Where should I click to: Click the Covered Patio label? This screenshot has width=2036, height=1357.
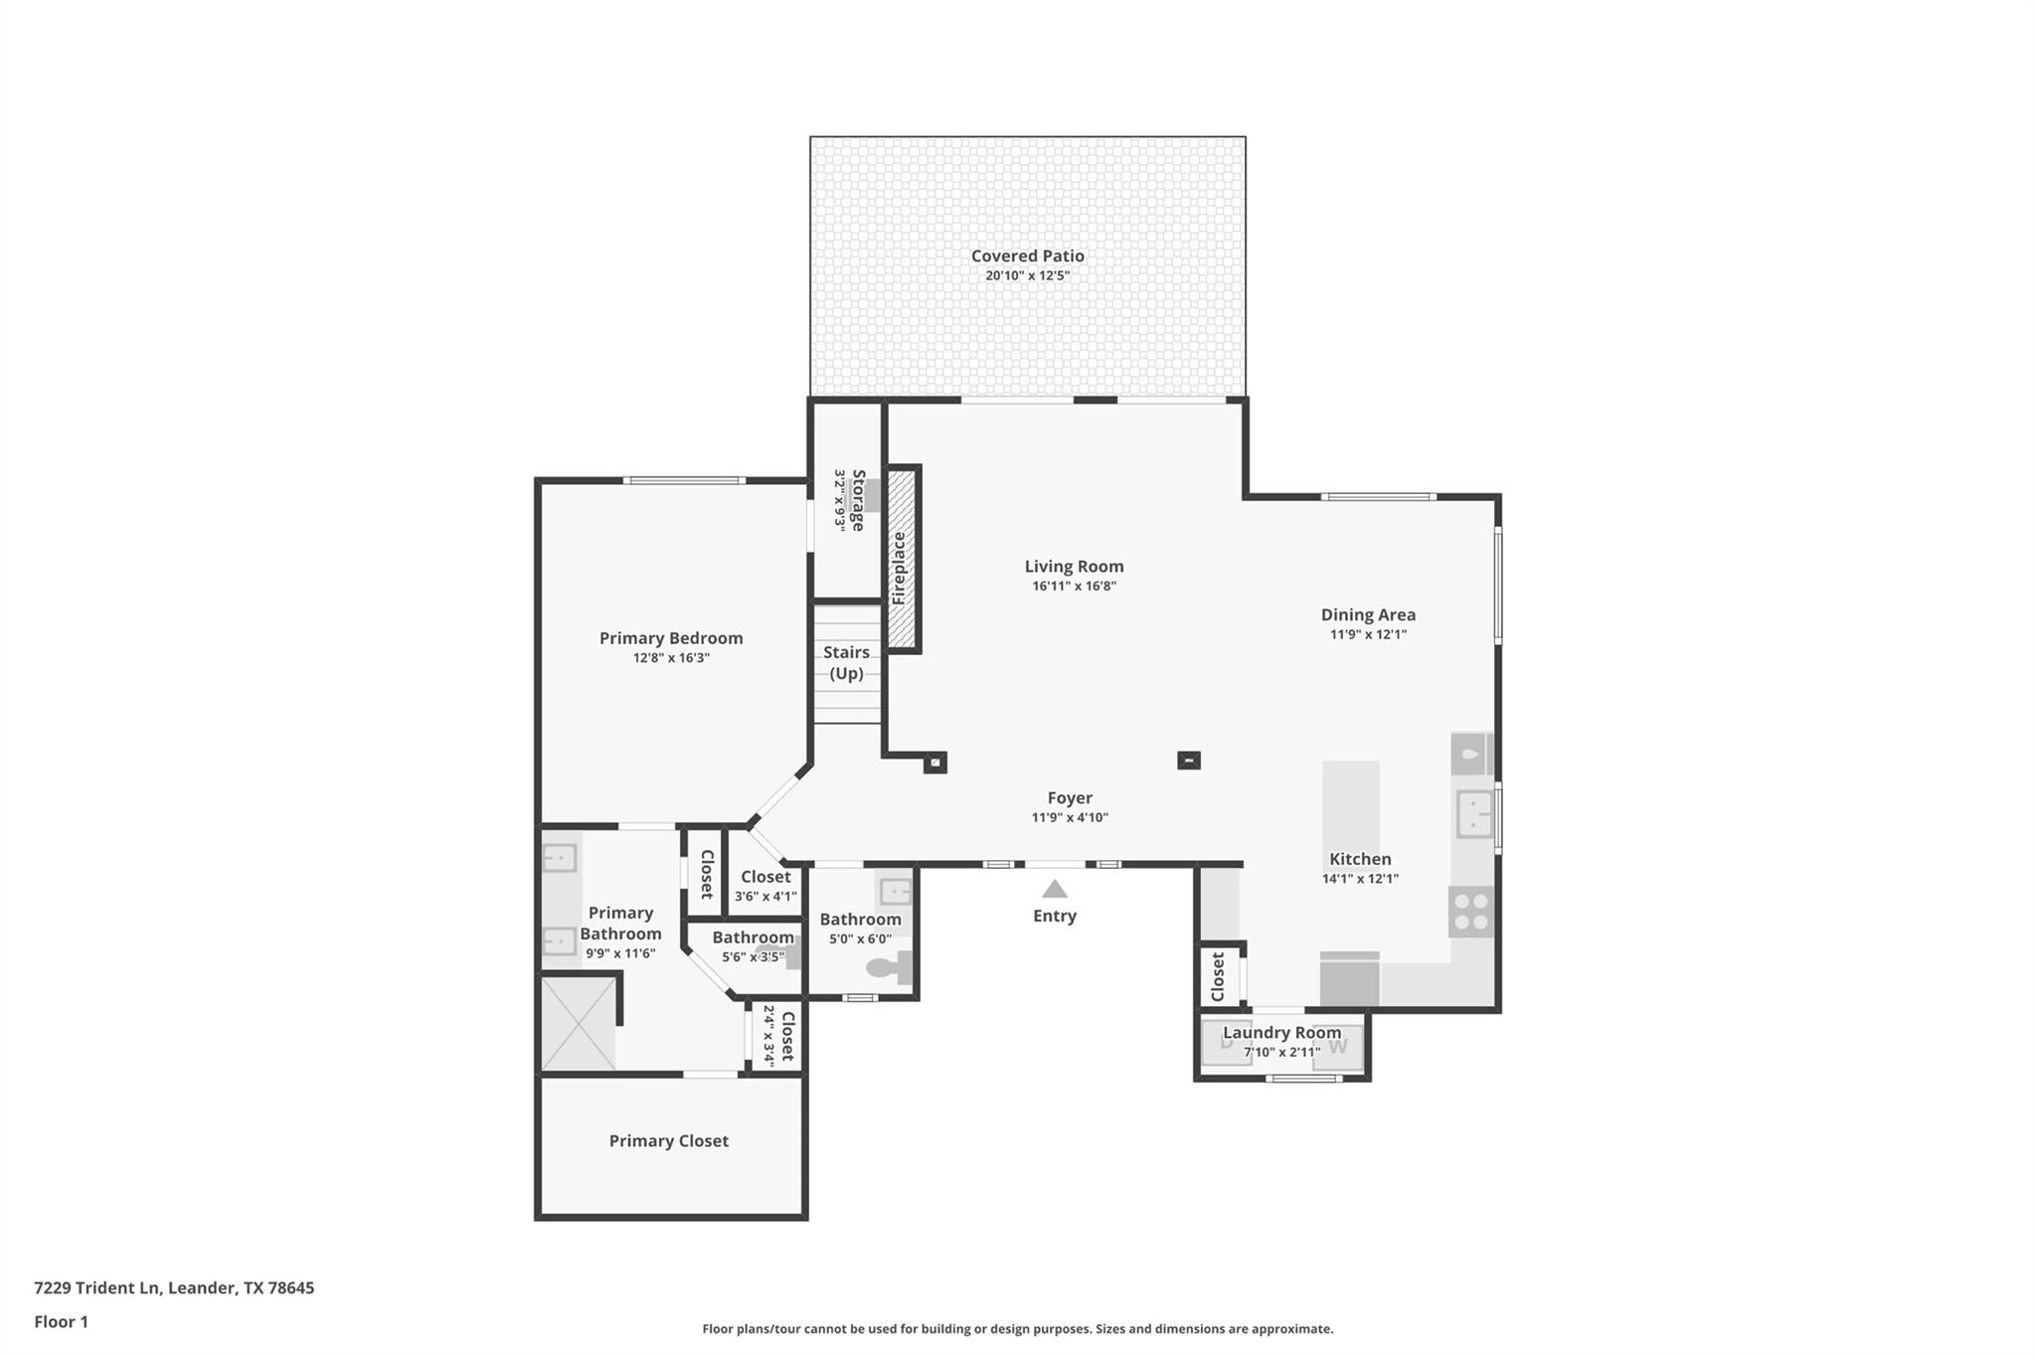pos(1027,255)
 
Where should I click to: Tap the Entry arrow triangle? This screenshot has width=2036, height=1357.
pos(1055,889)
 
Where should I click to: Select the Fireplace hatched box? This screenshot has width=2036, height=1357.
pos(902,558)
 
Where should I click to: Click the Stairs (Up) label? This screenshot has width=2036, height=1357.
pos(846,662)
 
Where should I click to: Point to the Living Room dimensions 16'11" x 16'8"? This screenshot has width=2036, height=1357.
pos(1074,587)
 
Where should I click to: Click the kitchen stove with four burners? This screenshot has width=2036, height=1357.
pos(1471,912)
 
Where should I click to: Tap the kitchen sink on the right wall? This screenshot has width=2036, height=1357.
pos(1474,815)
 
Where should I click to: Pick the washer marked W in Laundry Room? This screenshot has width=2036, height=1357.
pos(1337,1046)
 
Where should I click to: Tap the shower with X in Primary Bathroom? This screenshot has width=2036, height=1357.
pos(578,1024)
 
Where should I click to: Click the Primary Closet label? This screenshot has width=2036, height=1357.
pos(668,1141)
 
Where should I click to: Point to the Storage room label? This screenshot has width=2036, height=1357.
pos(858,500)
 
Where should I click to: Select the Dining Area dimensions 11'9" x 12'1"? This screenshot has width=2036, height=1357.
pos(1368,634)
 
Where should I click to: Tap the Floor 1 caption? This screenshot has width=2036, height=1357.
pos(61,1321)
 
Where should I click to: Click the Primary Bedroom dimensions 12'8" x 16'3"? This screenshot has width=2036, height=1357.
pos(671,658)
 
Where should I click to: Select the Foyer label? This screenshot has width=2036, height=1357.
pos(1070,797)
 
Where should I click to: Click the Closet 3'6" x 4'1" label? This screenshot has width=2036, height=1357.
pos(765,877)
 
